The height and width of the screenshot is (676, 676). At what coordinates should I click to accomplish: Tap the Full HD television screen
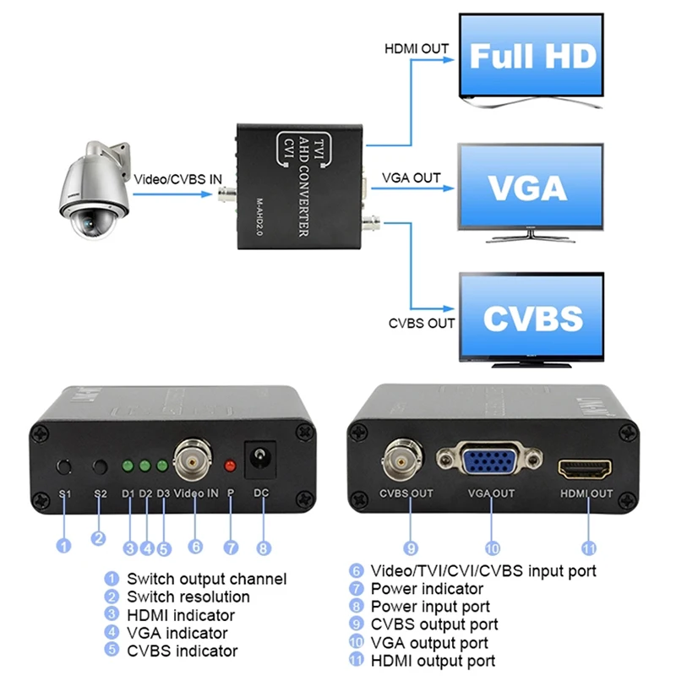click(532, 57)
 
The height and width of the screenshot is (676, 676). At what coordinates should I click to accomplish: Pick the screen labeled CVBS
click(532, 318)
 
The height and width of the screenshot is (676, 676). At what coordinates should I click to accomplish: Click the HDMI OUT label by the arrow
click(416, 50)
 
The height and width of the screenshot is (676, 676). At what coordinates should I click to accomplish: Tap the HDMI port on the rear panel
click(585, 466)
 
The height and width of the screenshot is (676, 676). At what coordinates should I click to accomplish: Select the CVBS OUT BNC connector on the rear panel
click(400, 461)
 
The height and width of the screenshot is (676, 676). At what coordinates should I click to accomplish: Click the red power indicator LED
click(229, 465)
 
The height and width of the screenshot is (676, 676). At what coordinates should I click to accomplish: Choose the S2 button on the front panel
click(101, 466)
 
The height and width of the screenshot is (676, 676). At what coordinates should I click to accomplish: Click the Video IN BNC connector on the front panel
click(193, 461)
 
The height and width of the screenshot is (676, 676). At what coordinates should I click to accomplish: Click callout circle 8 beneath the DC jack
click(264, 548)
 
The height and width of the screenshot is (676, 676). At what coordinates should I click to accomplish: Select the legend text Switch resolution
click(188, 597)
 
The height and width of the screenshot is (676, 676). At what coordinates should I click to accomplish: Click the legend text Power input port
click(430, 606)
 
